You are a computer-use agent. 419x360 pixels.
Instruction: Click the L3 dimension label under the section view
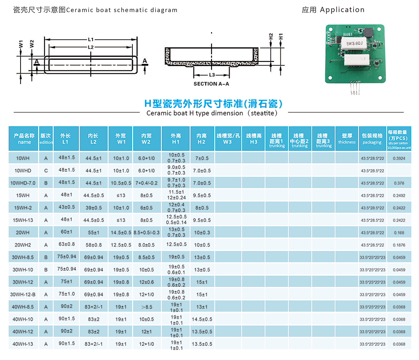[212, 75]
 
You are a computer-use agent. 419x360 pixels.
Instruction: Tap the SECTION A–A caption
[211, 84]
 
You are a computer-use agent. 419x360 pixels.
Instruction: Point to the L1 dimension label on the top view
[91, 39]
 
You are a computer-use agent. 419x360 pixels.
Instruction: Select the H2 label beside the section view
[271, 36]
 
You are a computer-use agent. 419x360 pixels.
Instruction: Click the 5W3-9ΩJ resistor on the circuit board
[354, 44]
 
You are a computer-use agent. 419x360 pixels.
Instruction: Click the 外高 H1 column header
[176, 139]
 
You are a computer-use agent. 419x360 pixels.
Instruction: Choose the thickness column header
[347, 139]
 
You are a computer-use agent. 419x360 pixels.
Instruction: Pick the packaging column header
[372, 139]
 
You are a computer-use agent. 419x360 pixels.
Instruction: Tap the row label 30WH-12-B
[23, 295]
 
